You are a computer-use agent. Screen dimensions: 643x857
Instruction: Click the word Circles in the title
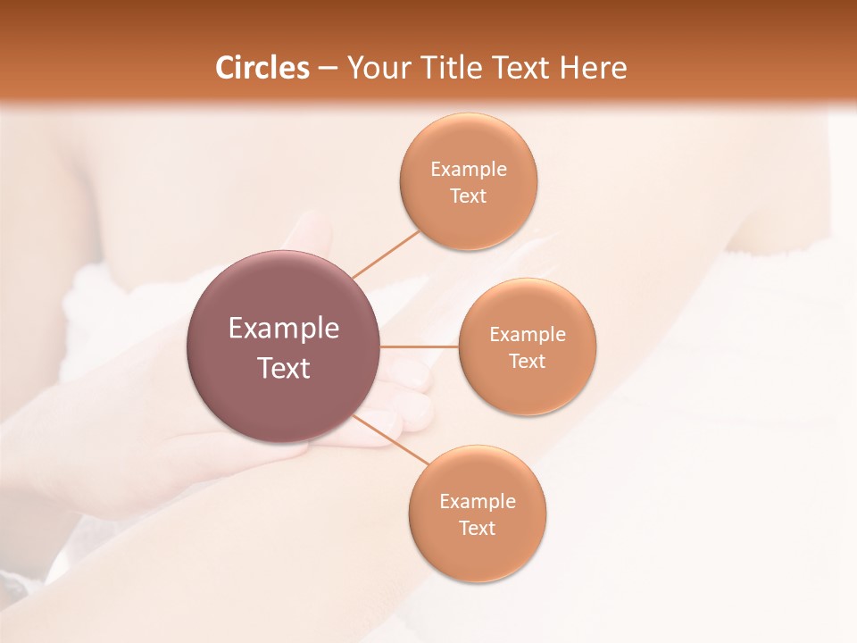pos(262,68)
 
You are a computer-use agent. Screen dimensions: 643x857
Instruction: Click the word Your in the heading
pos(378,68)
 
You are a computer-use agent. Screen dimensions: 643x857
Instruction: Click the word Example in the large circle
pos(284,329)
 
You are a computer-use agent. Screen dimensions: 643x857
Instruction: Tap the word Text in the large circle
pos(284,367)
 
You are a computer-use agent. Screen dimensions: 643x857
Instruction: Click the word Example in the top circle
pos(469,169)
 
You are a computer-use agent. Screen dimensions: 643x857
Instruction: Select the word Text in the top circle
pos(469,196)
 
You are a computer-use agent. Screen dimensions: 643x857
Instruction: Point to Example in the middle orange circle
pos(528,334)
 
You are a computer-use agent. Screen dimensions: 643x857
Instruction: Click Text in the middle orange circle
pos(528,361)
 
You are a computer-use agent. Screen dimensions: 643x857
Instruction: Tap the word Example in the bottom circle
pos(478,501)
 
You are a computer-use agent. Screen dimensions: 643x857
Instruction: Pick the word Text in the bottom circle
pos(478,528)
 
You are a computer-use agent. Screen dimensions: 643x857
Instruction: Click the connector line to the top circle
pos(386,254)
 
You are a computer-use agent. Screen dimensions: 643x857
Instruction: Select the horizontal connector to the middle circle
pos(420,346)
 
